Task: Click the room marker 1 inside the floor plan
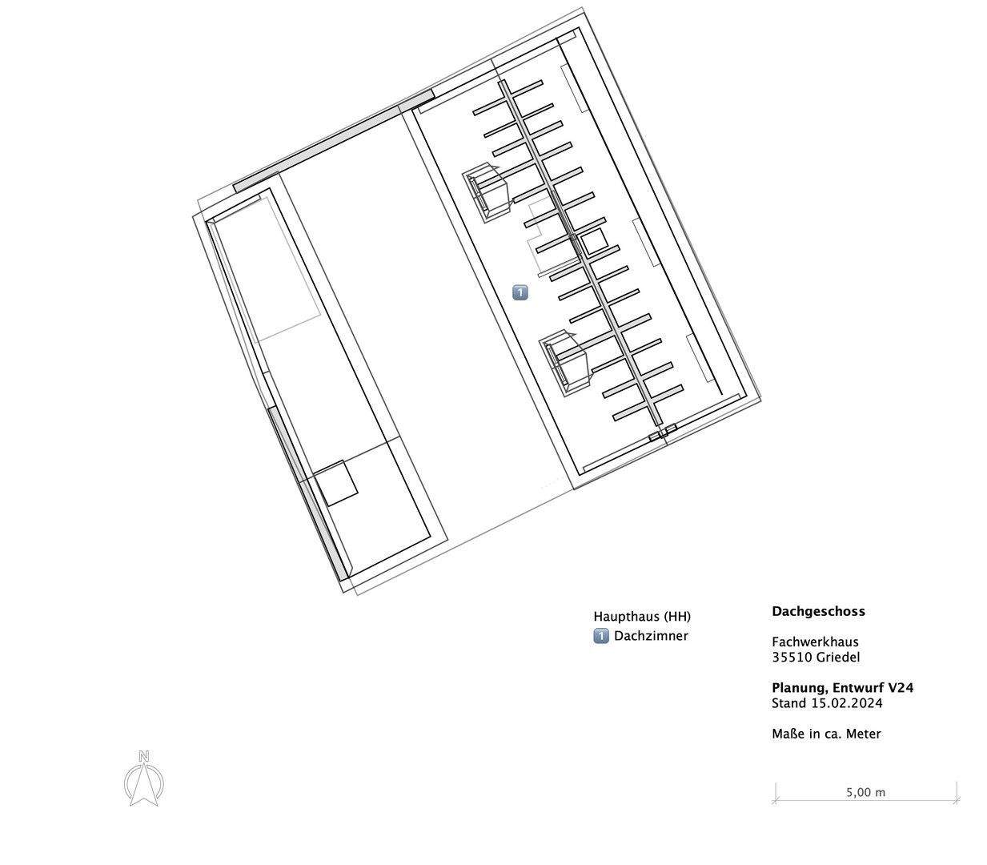pyautogui.click(x=520, y=292)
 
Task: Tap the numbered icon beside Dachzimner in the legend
pyautogui.click(x=601, y=636)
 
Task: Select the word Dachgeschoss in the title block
pyautogui.click(x=818, y=611)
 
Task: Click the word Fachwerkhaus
pyautogui.click(x=815, y=642)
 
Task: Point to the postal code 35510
pyautogui.click(x=792, y=658)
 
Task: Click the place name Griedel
pyautogui.click(x=838, y=658)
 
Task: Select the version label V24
pyautogui.click(x=901, y=688)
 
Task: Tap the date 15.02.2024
pyautogui.click(x=846, y=703)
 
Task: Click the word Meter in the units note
pyautogui.click(x=862, y=734)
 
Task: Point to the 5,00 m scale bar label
pyautogui.click(x=865, y=792)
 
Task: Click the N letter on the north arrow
pyautogui.click(x=143, y=755)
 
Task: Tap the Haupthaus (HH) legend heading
pyautogui.click(x=641, y=617)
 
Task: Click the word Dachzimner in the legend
pyautogui.click(x=651, y=636)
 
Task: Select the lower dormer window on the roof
pyautogui.click(x=567, y=363)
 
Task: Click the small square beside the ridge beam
pyautogui.click(x=593, y=242)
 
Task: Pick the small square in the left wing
pyautogui.click(x=335, y=483)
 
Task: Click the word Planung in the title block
pyautogui.click(x=799, y=688)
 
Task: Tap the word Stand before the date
pyautogui.click(x=788, y=703)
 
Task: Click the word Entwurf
pyautogui.click(x=858, y=688)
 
